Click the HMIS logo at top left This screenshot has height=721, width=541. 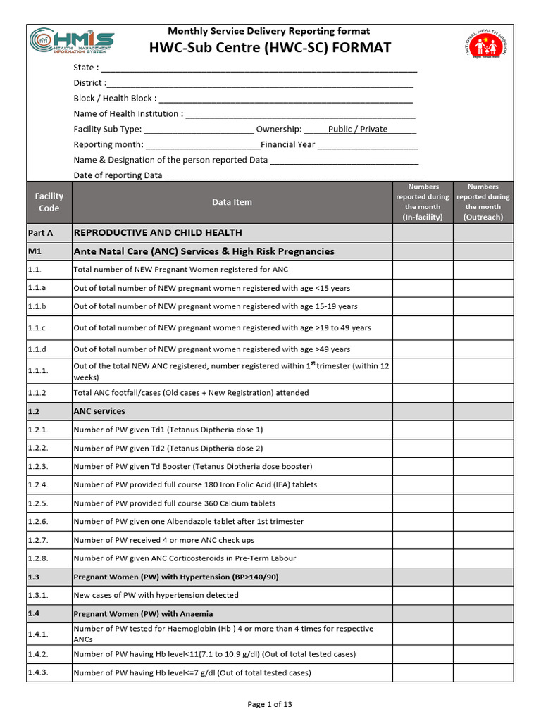click(x=72, y=42)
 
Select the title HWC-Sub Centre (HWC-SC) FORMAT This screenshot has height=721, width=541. click(x=269, y=47)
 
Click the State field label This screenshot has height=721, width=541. click(x=86, y=68)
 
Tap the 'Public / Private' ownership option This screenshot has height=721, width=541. click(x=358, y=129)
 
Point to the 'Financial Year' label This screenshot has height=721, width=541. click(x=288, y=144)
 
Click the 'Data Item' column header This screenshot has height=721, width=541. click(x=232, y=202)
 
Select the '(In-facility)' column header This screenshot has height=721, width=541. click(x=423, y=217)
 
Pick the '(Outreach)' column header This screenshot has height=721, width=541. click(x=483, y=217)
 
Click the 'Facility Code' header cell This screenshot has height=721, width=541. click(x=49, y=202)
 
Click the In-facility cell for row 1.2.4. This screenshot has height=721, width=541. click(x=423, y=484)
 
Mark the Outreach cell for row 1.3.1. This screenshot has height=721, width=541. click(x=483, y=595)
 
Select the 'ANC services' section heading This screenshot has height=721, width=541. click(x=99, y=411)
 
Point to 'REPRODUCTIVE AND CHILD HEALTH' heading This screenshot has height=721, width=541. click(x=158, y=232)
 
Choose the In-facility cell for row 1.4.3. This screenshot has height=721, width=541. click(x=423, y=672)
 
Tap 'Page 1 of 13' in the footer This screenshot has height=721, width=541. click(x=270, y=704)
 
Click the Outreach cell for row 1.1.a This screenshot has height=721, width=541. click(x=483, y=288)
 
